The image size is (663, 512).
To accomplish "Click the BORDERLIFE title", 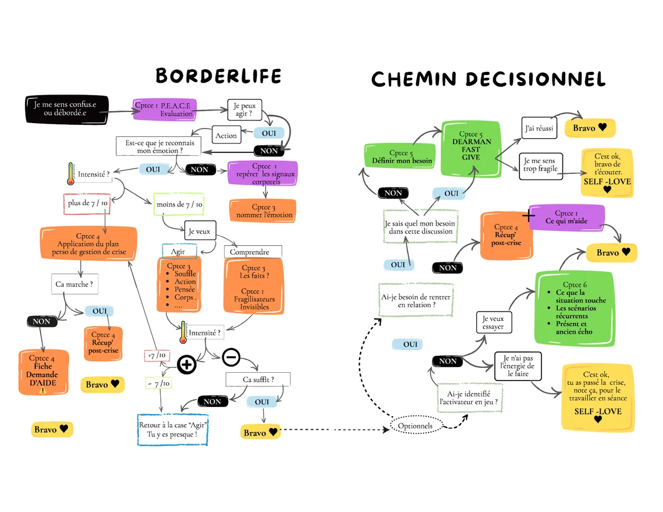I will (x=218, y=76).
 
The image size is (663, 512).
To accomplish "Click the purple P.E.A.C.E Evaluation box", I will (x=165, y=109).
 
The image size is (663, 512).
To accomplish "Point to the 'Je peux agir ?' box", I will (x=244, y=109).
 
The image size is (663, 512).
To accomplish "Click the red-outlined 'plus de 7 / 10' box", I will (x=87, y=203).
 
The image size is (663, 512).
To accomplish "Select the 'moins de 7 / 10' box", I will (x=179, y=204).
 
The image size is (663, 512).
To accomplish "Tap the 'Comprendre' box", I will (x=252, y=252).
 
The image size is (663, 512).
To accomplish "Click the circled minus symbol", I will (x=231, y=358).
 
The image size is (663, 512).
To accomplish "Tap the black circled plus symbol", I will (x=187, y=365).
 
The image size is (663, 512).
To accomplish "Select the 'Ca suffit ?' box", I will (x=258, y=379).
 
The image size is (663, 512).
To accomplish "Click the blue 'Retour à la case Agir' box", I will (x=173, y=429).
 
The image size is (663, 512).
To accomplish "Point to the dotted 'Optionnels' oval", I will (x=415, y=426).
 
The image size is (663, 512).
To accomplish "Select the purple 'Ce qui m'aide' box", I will (x=570, y=217).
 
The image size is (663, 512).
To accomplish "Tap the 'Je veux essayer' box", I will (x=493, y=323).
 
